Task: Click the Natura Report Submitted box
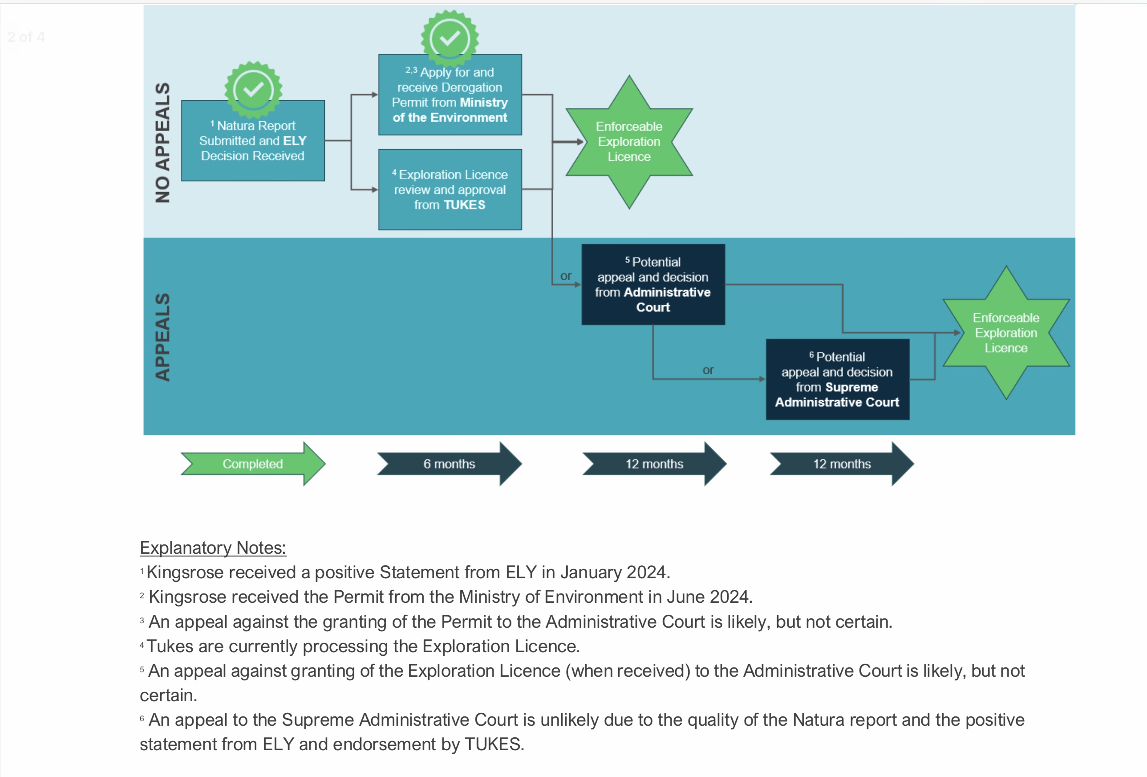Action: click(253, 141)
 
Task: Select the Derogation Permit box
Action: click(450, 95)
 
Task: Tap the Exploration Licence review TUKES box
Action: click(450, 190)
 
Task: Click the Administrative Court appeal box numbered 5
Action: click(653, 285)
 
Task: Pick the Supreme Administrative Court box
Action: click(837, 379)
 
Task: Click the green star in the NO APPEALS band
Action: click(629, 142)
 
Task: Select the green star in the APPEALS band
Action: click(1006, 333)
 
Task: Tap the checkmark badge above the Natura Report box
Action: click(253, 90)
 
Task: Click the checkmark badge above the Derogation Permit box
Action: click(450, 38)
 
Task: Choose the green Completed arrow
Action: click(253, 464)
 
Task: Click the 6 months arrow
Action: click(449, 464)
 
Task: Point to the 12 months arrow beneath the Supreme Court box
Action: click(842, 464)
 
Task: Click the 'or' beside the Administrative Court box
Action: click(566, 276)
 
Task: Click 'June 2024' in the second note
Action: click(709, 597)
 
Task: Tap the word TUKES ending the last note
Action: click(494, 744)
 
